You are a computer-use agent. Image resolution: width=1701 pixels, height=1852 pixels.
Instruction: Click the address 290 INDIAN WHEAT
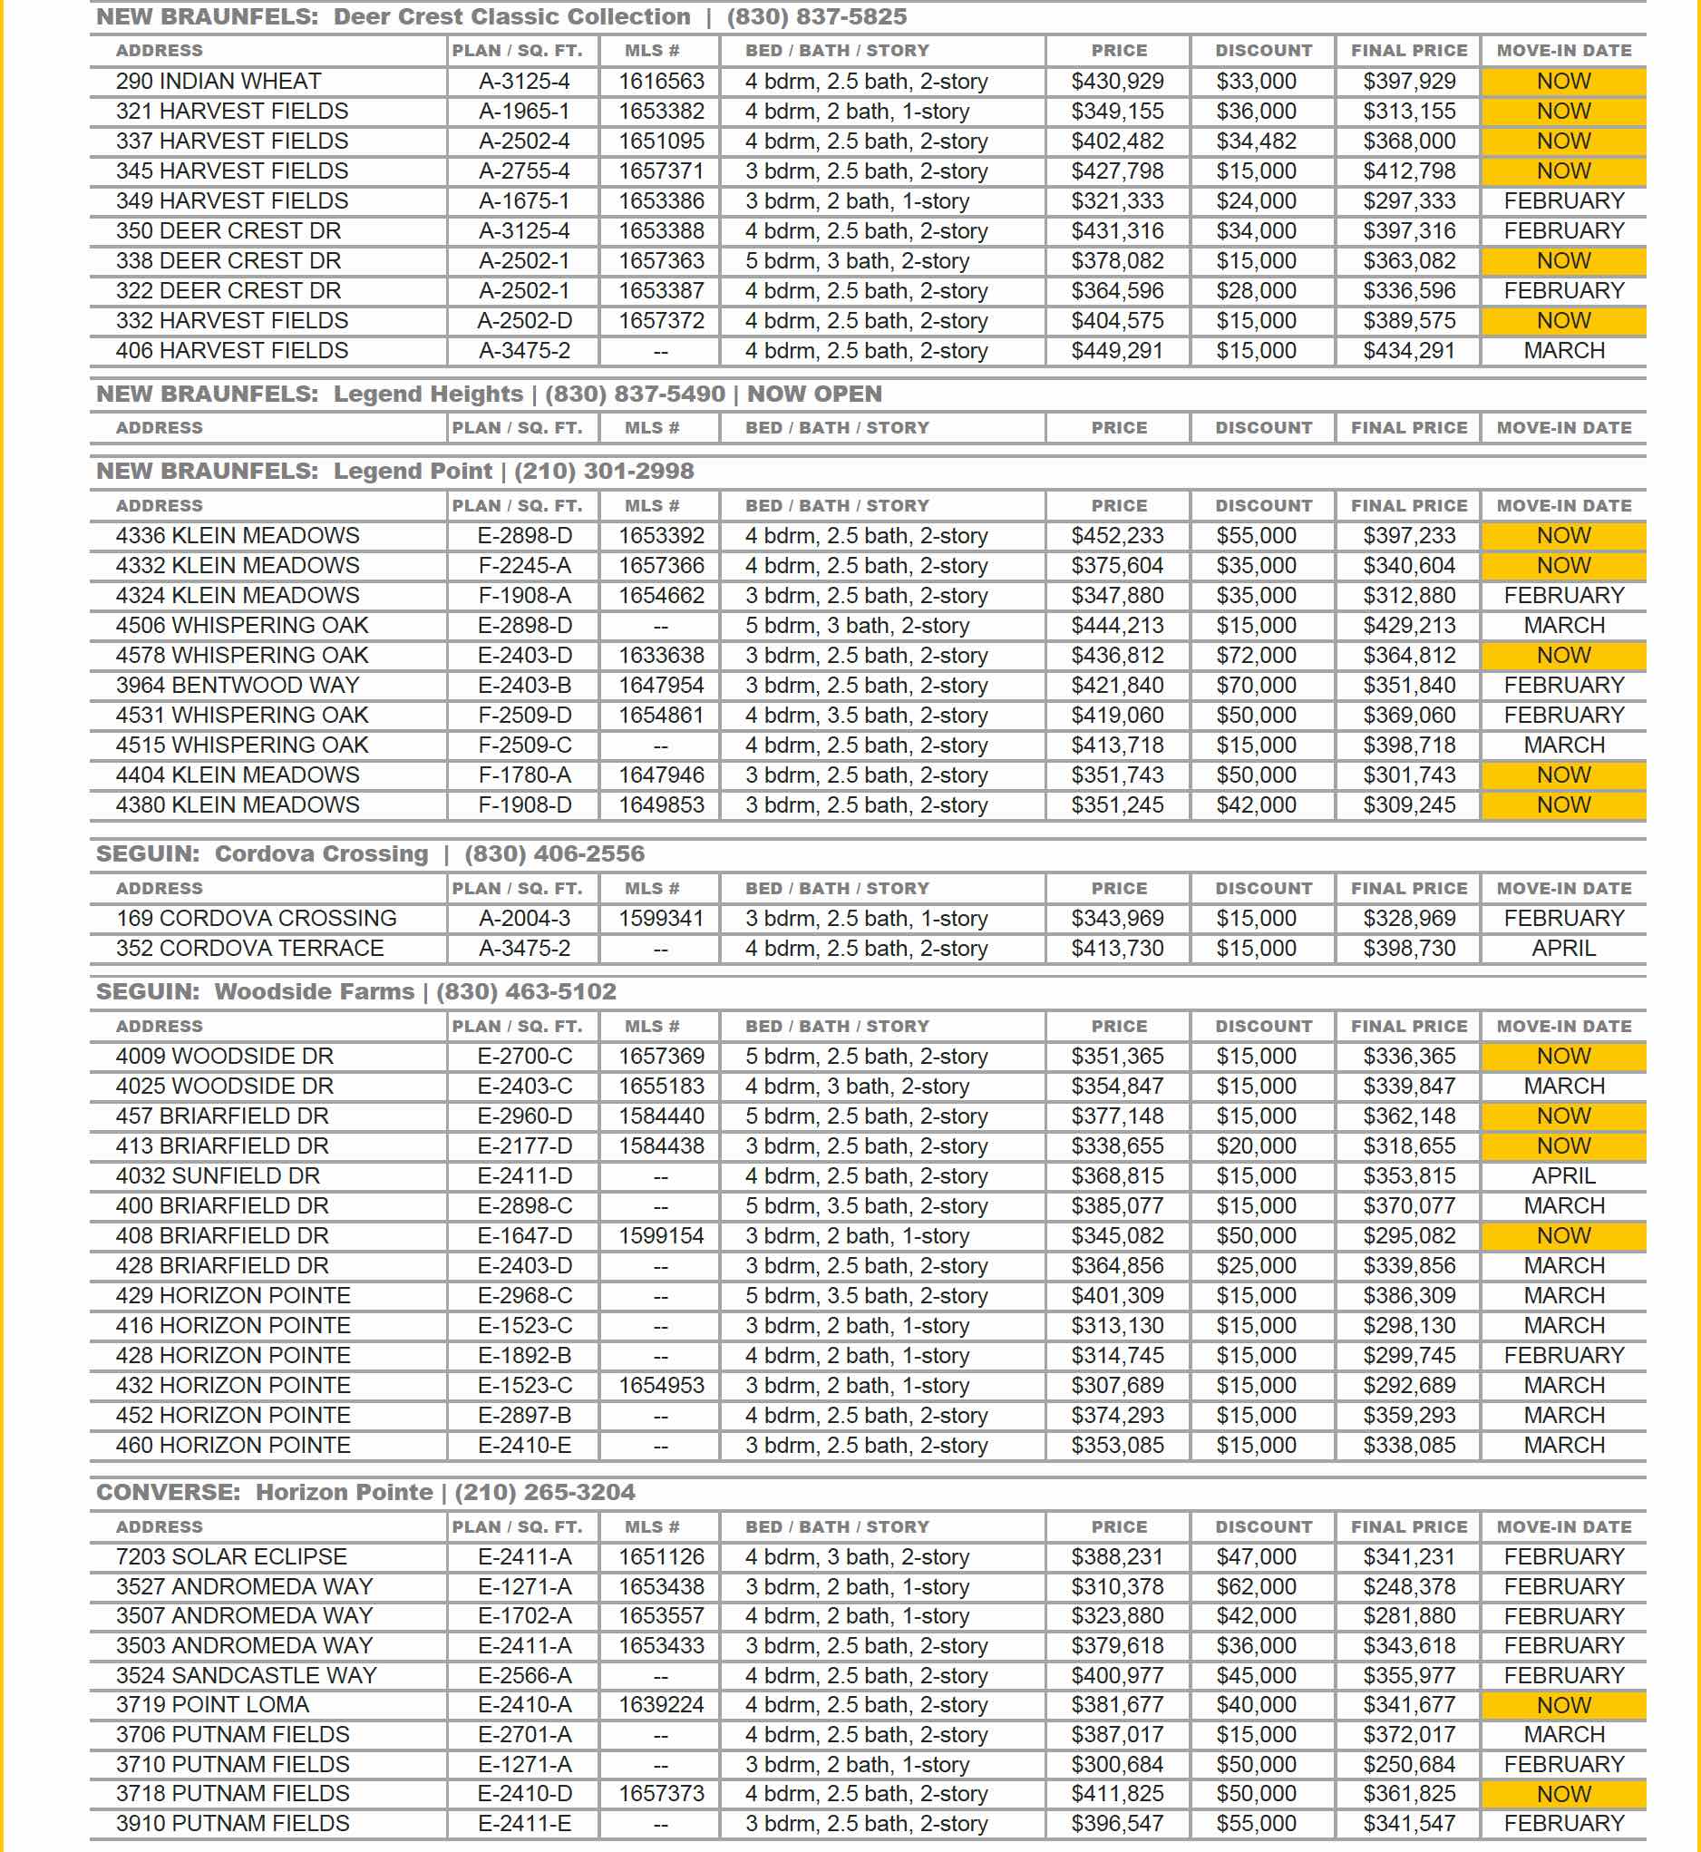[219, 82]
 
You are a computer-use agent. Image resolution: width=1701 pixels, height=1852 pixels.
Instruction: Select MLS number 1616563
[661, 82]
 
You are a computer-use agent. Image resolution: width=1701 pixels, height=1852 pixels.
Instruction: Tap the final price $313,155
[1409, 112]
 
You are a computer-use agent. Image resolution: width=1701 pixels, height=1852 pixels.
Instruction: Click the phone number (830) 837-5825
[816, 16]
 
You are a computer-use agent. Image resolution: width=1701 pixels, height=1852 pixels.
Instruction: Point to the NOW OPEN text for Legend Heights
[813, 394]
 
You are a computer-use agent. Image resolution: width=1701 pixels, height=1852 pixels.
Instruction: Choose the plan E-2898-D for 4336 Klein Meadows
[525, 536]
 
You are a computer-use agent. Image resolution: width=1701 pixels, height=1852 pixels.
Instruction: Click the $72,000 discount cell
[1256, 656]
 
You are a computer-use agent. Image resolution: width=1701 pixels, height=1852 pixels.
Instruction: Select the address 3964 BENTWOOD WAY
[238, 686]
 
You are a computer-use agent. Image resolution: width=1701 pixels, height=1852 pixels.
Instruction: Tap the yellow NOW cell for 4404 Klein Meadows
[1563, 775]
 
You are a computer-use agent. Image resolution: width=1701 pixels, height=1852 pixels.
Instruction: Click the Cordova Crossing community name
[321, 854]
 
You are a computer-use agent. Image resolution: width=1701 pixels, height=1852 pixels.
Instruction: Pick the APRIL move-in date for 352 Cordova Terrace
[1563, 948]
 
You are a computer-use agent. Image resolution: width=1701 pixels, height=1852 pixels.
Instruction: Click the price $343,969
[1117, 919]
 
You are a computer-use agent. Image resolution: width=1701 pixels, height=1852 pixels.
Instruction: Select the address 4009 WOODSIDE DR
[225, 1057]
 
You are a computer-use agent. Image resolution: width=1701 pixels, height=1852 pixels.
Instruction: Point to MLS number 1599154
[661, 1236]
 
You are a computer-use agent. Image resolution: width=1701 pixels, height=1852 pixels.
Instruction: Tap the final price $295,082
[1409, 1236]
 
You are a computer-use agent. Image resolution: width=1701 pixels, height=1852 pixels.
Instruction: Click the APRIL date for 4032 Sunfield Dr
[1563, 1176]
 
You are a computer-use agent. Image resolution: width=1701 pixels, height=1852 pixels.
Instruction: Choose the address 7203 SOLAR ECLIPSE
[231, 1556]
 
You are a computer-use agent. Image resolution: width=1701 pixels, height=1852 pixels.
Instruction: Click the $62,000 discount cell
[1256, 1587]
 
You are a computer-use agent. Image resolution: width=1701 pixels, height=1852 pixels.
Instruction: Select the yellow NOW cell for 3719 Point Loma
[1563, 1706]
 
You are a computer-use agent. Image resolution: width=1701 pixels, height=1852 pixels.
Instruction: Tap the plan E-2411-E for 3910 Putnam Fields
[525, 1824]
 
